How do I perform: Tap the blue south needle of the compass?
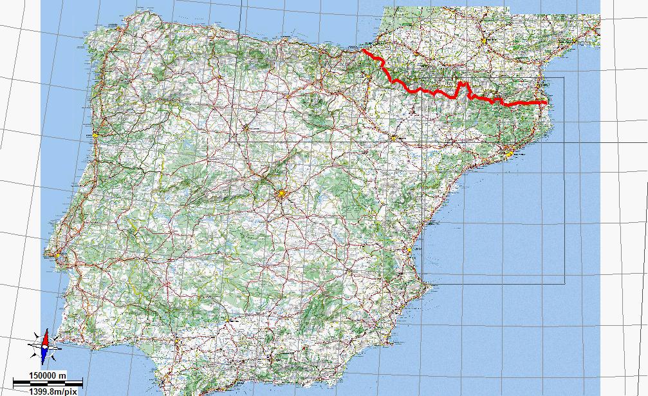pyautogui.click(x=44, y=352)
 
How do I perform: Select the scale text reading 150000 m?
pyautogui.click(x=40, y=375)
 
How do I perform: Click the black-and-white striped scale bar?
pyautogui.click(x=48, y=382)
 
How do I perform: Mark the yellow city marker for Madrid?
pyautogui.click(x=281, y=193)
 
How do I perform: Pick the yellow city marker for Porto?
pyautogui.click(x=94, y=137)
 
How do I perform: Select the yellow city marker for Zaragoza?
pyautogui.click(x=394, y=138)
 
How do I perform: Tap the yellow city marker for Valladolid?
pyautogui.click(x=245, y=127)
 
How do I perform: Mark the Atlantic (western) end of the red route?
pyautogui.click(x=363, y=50)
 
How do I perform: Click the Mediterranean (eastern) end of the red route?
pyautogui.click(x=546, y=102)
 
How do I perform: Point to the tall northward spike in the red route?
pyautogui.click(x=461, y=84)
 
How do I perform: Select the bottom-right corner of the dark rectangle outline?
pyautogui.click(x=564, y=283)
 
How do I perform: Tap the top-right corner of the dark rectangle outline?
pyautogui.click(x=564, y=78)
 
